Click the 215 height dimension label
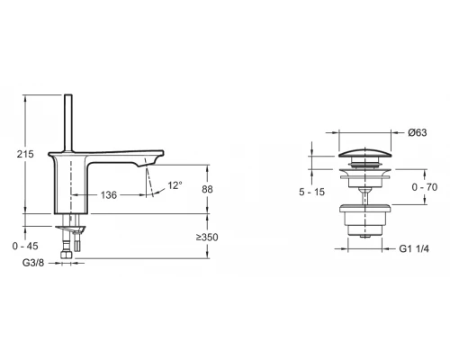[x=25, y=154]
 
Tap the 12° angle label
[x=175, y=185]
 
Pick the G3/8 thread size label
[x=32, y=265]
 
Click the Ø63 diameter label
[x=418, y=133]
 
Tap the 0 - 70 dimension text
[x=424, y=186]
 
